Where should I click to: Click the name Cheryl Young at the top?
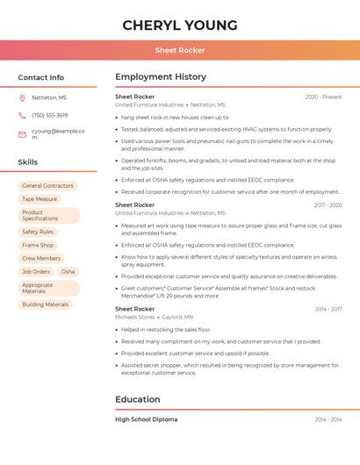click(180, 25)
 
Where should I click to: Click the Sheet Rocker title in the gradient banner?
click(180, 50)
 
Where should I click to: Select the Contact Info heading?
click(41, 77)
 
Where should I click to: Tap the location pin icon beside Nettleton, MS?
click(22, 98)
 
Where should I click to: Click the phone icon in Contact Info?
click(22, 116)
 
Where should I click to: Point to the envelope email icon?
click(22, 134)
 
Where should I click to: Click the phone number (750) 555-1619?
click(49, 116)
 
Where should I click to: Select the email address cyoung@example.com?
click(58, 134)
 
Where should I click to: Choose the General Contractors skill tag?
click(47, 186)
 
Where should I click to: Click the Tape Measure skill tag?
click(40, 199)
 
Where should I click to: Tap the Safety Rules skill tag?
click(38, 232)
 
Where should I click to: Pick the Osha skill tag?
click(68, 272)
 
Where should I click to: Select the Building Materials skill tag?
click(45, 304)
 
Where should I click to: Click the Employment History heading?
click(161, 77)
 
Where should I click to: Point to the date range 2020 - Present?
click(323, 97)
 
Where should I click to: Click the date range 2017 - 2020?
click(328, 205)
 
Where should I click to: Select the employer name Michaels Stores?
click(134, 317)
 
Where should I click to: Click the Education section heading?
click(137, 400)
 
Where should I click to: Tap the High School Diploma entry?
click(146, 419)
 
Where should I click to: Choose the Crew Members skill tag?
click(41, 259)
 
